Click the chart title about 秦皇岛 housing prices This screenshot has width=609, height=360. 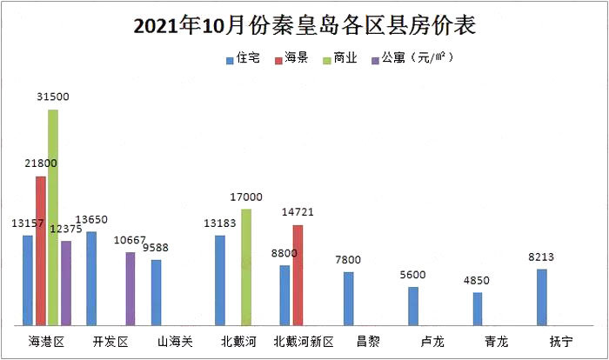tap(304, 26)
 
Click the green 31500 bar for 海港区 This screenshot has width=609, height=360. tap(53, 217)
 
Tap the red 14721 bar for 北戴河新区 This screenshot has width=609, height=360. tap(298, 275)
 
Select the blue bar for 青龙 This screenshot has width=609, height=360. tap(478, 309)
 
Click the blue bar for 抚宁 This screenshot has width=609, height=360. tap(542, 297)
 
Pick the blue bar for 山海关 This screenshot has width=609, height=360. tap(156, 292)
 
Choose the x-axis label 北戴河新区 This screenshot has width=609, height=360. tap(304, 342)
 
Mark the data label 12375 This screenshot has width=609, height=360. tap(66, 229)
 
